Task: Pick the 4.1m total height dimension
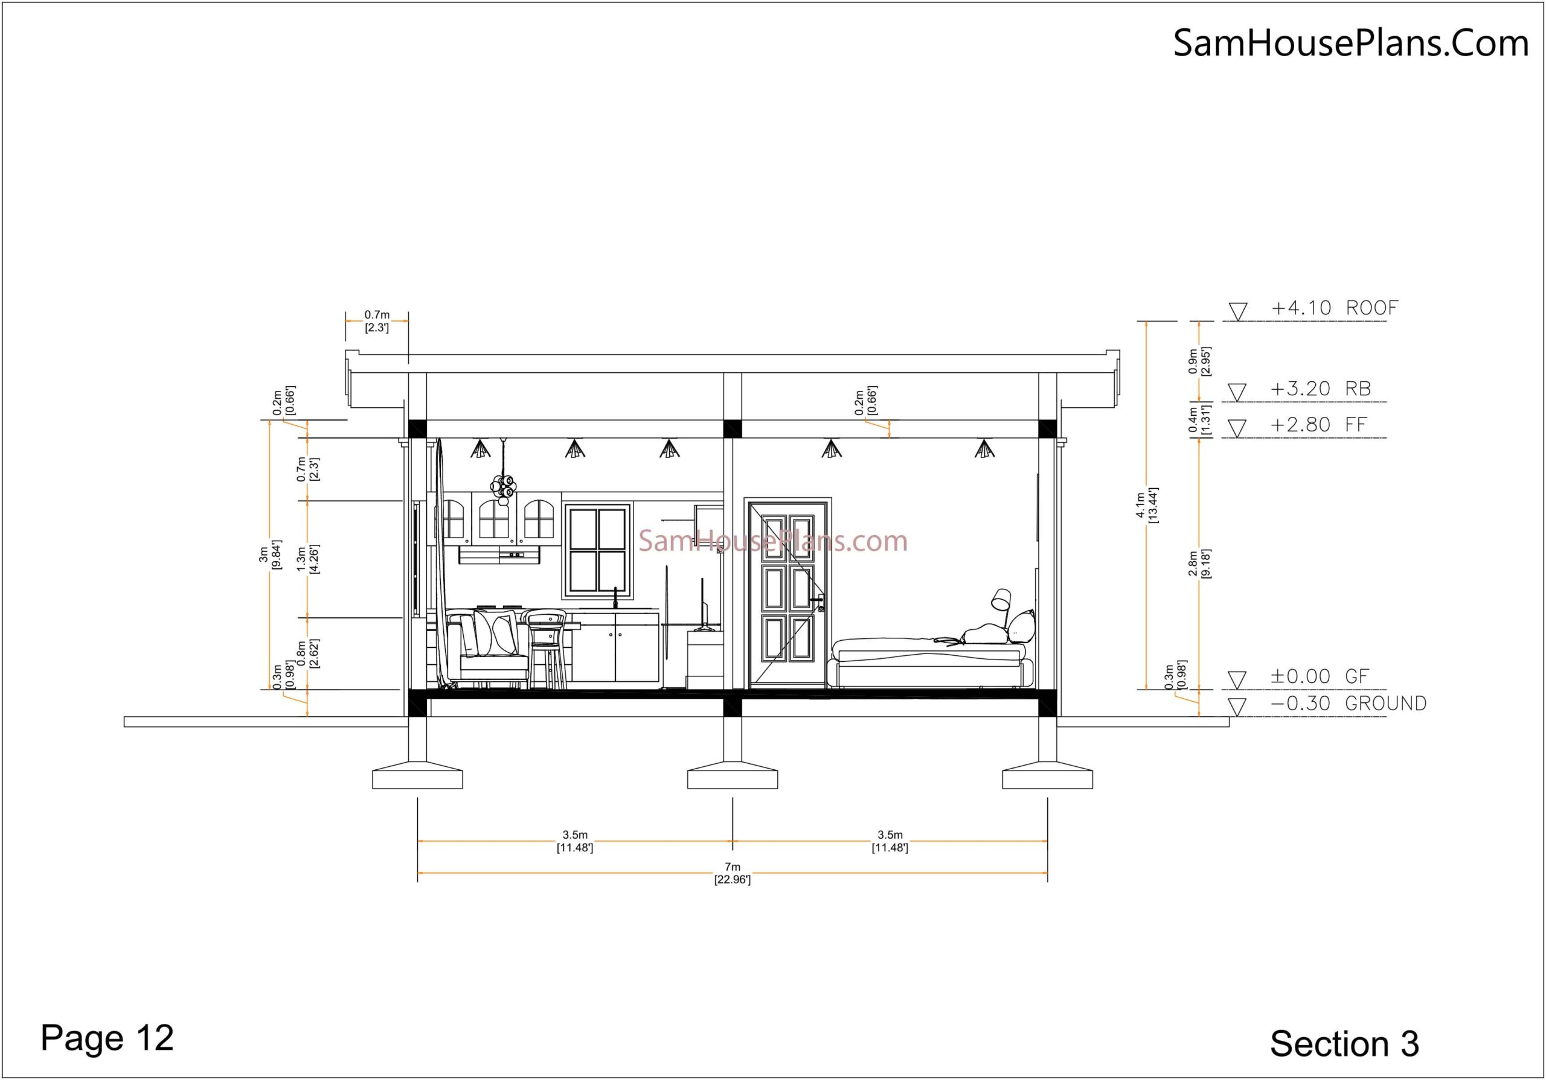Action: [1146, 504]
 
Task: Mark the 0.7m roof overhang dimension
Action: [377, 321]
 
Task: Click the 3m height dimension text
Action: [270, 554]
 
